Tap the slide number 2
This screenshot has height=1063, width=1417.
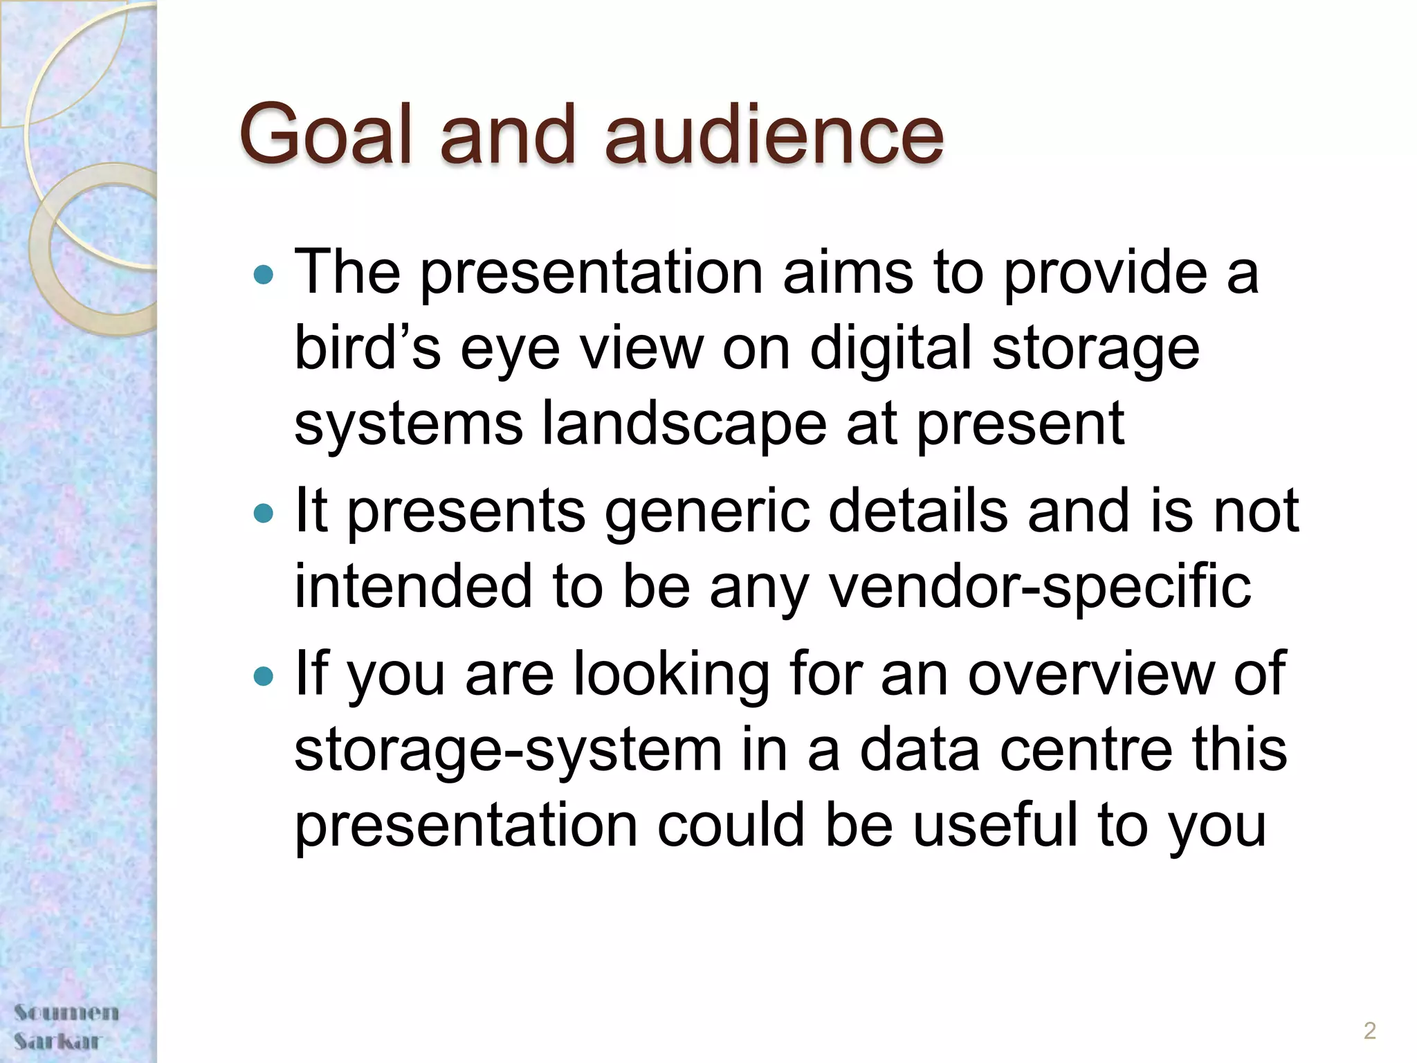point(1369,1030)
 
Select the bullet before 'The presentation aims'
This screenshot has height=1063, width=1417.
point(264,275)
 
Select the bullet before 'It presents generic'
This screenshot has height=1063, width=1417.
point(264,514)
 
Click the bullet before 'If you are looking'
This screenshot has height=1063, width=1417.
point(264,676)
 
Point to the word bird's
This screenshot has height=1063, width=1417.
point(367,347)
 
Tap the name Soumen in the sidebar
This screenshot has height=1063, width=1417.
point(66,1012)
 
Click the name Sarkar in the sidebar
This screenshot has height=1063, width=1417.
point(58,1041)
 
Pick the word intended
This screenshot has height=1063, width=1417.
point(413,586)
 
